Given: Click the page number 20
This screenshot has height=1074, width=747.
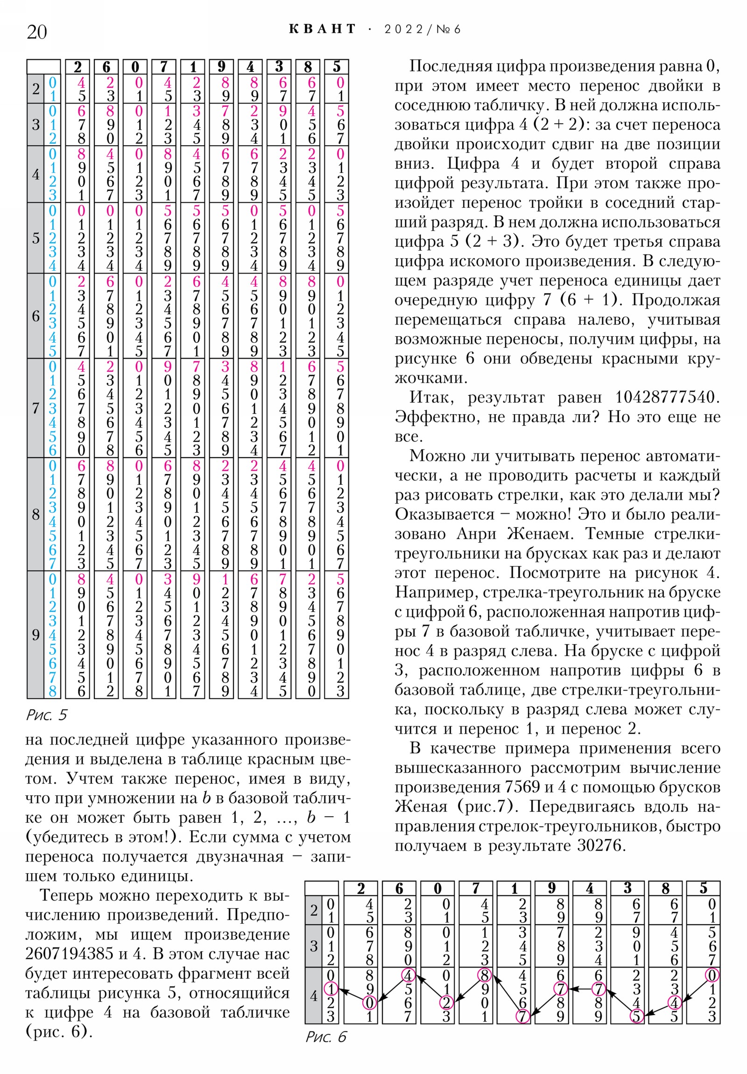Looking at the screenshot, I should pos(37,32).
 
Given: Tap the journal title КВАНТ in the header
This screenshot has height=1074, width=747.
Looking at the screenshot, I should pos(322,29).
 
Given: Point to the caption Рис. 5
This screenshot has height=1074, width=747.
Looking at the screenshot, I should pos(46,715).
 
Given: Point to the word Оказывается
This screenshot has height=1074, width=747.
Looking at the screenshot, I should pos(444,514).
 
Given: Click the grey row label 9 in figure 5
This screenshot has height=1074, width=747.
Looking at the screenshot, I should pos(35,634).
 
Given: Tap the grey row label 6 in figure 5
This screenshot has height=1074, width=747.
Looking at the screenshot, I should pos(35,316).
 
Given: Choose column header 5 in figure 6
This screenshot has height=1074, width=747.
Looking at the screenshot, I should pos(703,888).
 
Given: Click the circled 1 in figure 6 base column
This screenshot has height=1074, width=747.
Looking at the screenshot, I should pos(331,989).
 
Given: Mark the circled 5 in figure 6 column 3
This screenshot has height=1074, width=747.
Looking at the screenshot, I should pos(636,1017).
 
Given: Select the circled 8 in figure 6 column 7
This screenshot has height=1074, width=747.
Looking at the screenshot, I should pos(484,975).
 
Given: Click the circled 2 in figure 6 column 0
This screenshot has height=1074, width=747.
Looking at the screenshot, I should pos(446,1003).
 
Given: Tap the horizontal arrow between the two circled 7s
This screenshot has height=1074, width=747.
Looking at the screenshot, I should pos(579,989).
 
